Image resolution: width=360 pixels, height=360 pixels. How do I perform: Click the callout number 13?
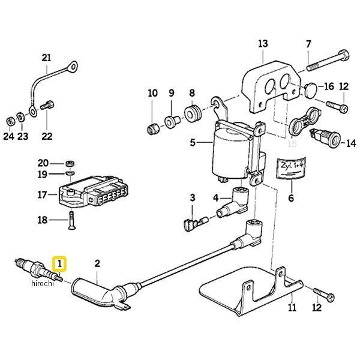point(262,44)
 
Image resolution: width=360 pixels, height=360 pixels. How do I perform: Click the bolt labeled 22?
point(47,108)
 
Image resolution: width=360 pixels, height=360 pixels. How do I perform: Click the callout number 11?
point(292,310)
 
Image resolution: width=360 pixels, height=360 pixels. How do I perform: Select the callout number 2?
point(97,263)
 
